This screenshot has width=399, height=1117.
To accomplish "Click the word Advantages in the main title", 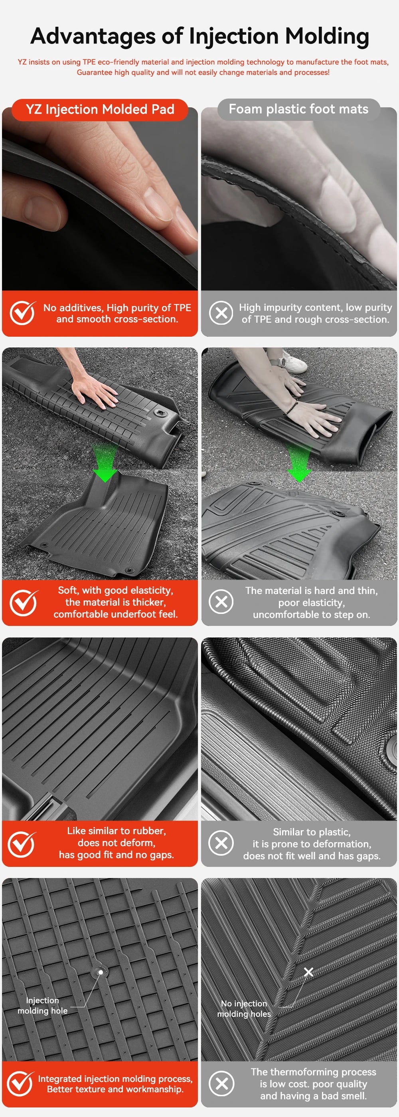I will click(x=93, y=36).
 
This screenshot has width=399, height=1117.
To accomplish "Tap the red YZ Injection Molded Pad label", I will click(x=100, y=109).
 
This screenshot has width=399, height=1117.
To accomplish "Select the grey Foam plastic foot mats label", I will click(x=298, y=109).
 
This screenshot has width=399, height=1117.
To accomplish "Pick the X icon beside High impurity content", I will click(x=221, y=313).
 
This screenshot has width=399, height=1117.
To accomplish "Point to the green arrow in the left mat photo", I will click(x=105, y=466).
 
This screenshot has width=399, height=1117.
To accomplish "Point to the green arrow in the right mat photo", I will click(x=299, y=466).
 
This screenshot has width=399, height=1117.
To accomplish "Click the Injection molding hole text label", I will click(x=43, y=1005).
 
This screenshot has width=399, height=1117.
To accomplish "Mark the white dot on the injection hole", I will click(x=101, y=972).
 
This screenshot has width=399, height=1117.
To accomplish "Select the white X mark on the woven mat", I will click(x=308, y=972).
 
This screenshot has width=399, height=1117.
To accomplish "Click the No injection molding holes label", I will click(x=244, y=1008).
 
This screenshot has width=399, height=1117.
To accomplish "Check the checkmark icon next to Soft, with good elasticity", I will click(x=23, y=602).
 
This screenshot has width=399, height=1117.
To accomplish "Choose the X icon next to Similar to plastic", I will click(x=221, y=843).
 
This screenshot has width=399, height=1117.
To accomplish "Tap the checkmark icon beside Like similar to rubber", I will click(x=22, y=844).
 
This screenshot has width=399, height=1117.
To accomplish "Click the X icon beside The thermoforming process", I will click(x=221, y=1084).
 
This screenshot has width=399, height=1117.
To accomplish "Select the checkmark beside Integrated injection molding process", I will click(x=20, y=1083).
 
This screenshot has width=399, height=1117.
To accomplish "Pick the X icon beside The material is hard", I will click(x=221, y=602).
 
